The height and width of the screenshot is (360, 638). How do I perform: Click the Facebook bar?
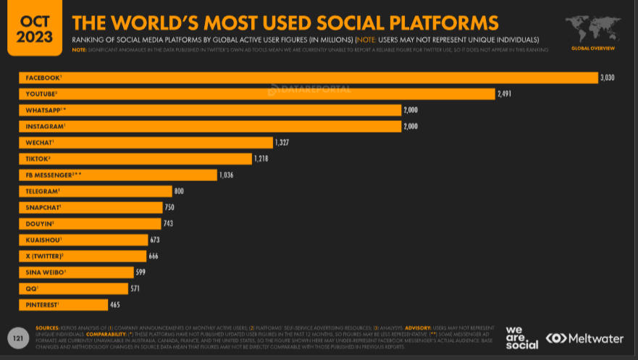[308, 78]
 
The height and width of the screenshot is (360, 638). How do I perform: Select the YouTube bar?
[257, 93]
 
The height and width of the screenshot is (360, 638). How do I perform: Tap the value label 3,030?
[607, 78]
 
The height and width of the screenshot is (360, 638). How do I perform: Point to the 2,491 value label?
[505, 93]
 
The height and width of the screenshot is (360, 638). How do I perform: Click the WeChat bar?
[146, 143]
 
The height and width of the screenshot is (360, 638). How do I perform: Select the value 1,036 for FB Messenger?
[226, 175]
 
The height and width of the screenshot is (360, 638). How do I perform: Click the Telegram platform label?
[43, 191]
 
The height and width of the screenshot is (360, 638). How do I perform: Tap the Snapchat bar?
[91, 207]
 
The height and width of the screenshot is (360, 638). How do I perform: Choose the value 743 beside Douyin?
[168, 224]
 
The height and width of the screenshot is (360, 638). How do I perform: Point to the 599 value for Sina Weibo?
[142, 272]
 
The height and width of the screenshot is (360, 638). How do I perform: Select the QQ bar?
[72, 288]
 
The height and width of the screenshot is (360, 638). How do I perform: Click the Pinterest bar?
[63, 305]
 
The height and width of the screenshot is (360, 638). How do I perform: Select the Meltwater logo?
[584, 338]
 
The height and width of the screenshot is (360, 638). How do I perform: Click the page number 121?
[18, 338]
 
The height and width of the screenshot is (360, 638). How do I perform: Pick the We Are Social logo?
[522, 338]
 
